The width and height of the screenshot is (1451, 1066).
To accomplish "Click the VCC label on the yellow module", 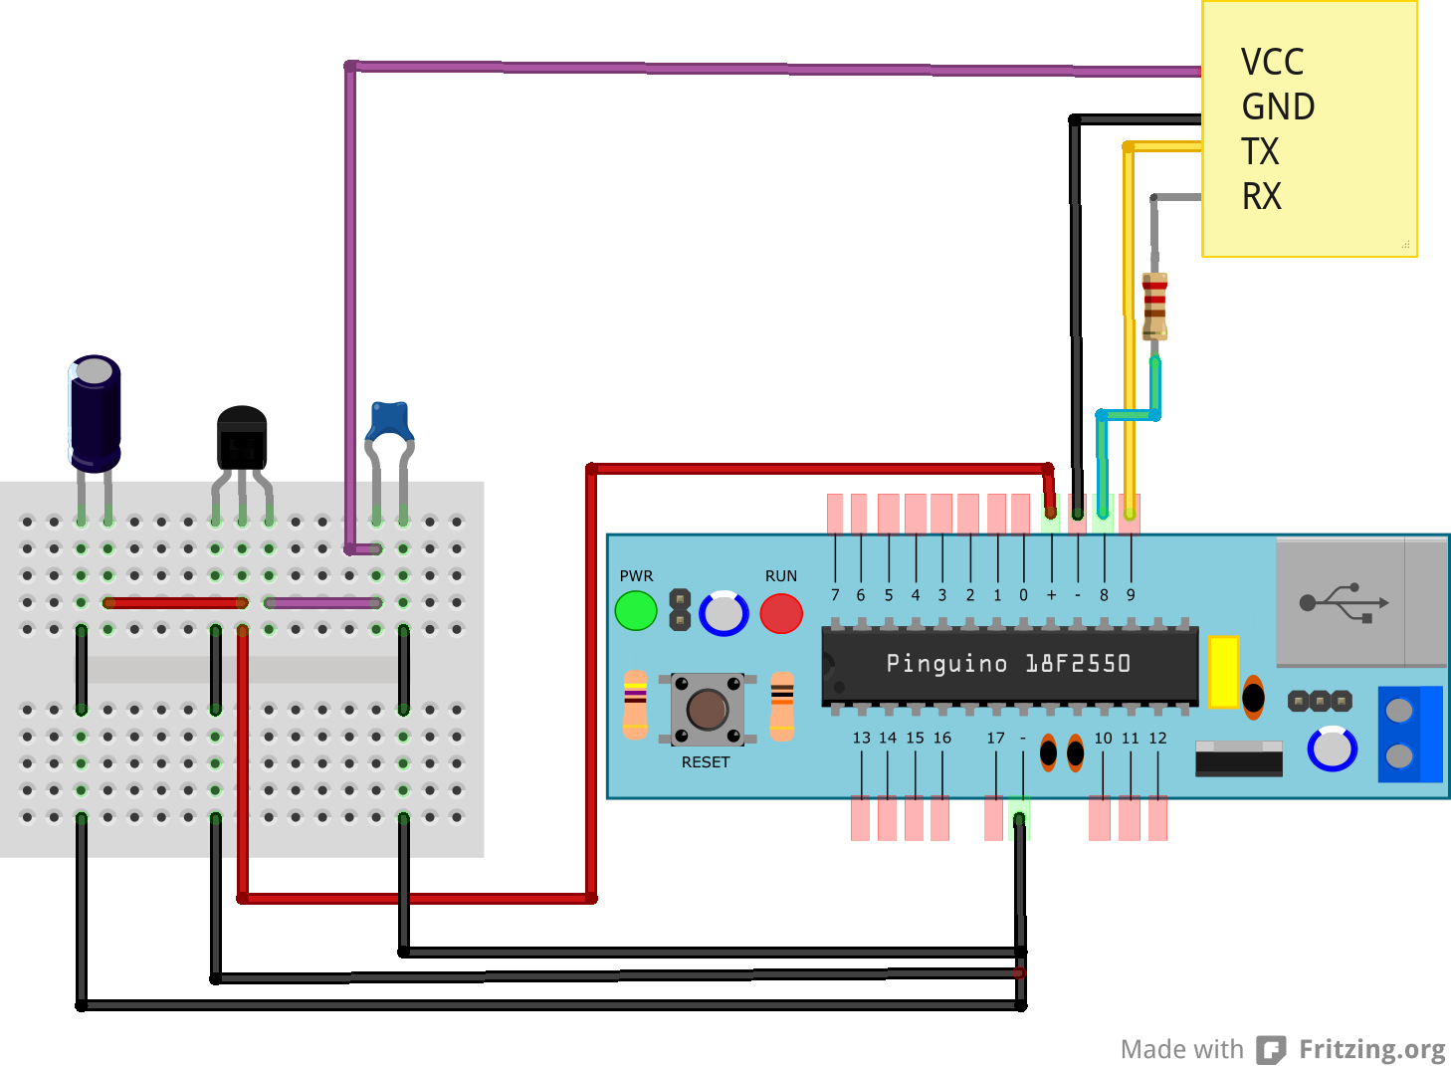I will [x=1272, y=62].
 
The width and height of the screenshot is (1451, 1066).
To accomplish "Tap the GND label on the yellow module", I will [x=1278, y=107].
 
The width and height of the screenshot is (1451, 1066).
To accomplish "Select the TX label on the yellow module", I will [x=1260, y=151].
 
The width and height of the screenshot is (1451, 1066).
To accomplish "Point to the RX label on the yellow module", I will [x=1262, y=196].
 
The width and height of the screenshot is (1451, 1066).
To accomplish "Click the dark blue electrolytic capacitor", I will [x=95, y=413].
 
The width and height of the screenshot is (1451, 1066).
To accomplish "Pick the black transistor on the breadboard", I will [x=242, y=438].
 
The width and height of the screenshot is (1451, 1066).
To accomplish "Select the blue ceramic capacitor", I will [x=390, y=420].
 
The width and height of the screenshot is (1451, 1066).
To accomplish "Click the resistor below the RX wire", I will [x=1154, y=306].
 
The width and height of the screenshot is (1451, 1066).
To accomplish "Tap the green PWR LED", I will [x=636, y=611].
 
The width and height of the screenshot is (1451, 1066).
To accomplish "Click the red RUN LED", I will [x=781, y=613].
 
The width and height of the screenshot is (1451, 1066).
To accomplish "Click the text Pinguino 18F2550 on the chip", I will [x=1008, y=664].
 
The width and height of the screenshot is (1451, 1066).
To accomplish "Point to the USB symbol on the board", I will [x=1344, y=602].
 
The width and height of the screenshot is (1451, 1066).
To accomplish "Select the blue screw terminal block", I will [x=1409, y=734].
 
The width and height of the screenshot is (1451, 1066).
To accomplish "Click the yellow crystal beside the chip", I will [x=1223, y=672].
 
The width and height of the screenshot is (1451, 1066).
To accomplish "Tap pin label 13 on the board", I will [x=861, y=738].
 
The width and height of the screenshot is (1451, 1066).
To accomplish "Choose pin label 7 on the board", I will [x=835, y=595].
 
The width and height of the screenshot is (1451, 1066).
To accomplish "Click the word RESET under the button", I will [x=706, y=762].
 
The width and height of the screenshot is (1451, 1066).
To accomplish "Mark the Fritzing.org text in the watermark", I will [x=1371, y=1049].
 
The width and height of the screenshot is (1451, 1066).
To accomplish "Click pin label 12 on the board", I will [x=1157, y=738].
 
